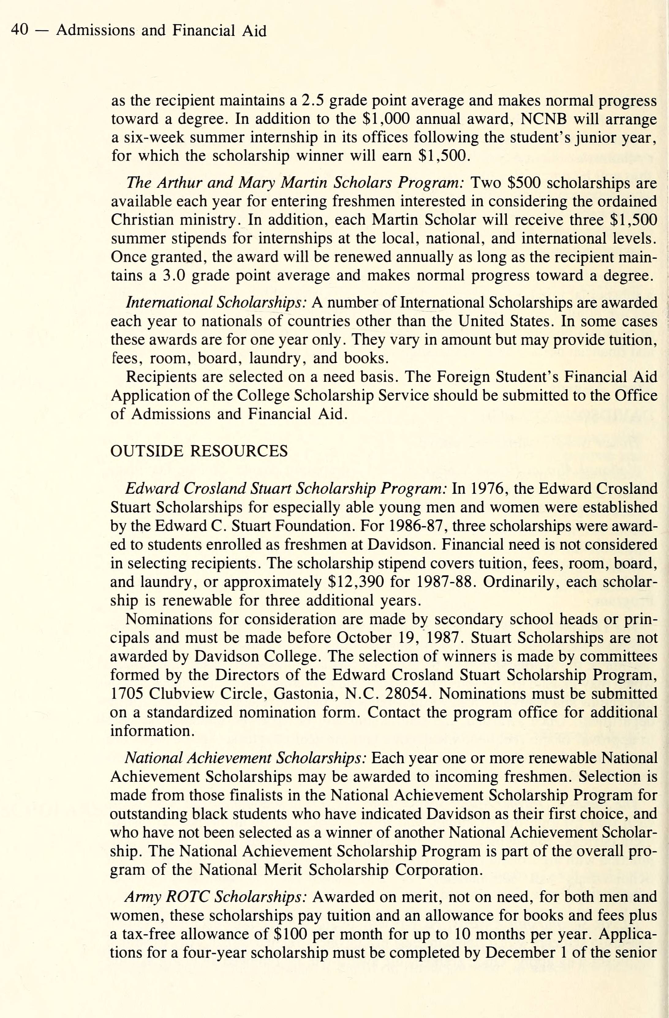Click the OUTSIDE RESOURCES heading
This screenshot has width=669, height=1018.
[x=199, y=451]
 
